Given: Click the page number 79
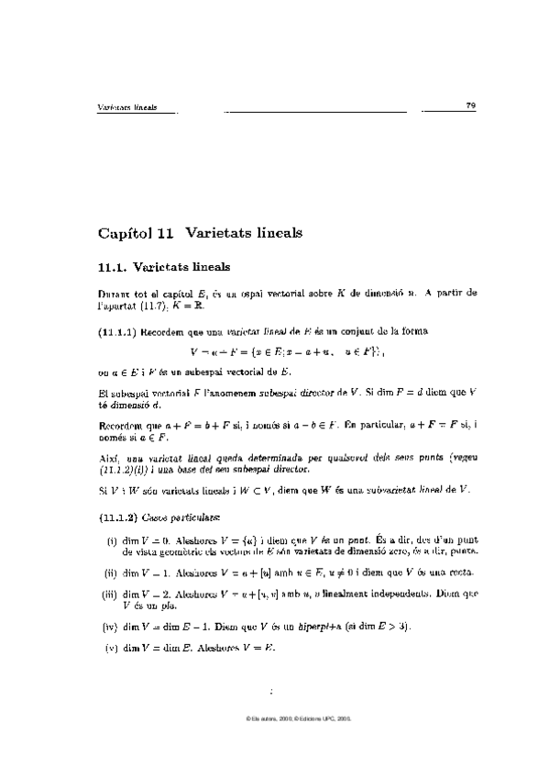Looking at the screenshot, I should [x=470, y=106].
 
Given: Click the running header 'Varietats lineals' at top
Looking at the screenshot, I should [x=126, y=107].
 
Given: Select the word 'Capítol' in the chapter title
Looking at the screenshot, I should [x=127, y=233].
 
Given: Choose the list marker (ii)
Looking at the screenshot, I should [x=110, y=572].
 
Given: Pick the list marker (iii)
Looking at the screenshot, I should [x=109, y=594].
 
